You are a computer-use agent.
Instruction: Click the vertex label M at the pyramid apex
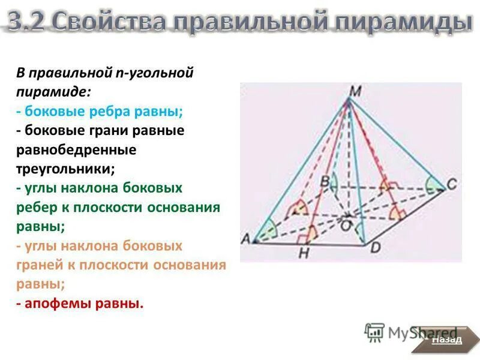(356, 91)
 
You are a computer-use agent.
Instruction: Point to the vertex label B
(324, 179)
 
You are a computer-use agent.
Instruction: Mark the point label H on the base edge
(304, 254)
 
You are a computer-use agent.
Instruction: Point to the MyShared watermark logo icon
(374, 332)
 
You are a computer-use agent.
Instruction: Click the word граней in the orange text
(38, 265)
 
